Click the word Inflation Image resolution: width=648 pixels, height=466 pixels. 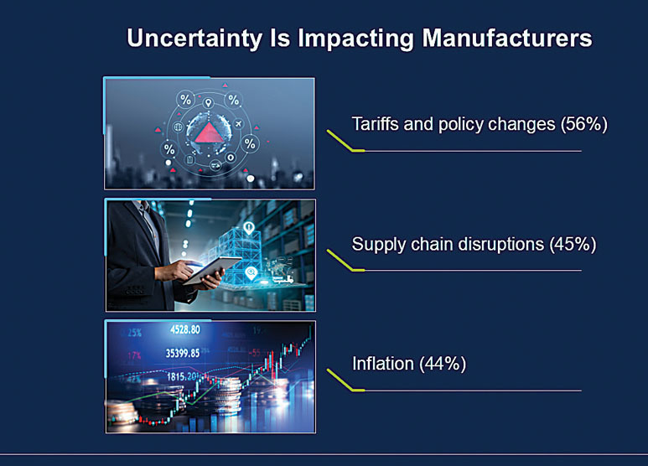pyautogui.click(x=382, y=364)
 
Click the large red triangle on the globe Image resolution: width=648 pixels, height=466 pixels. pyautogui.click(x=208, y=132)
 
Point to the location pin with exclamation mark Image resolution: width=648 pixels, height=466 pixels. pyautogui.click(x=249, y=227)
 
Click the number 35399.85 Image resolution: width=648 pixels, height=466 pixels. pyautogui.click(x=183, y=352)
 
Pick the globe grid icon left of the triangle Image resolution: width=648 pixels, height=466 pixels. pyautogui.click(x=178, y=127)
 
